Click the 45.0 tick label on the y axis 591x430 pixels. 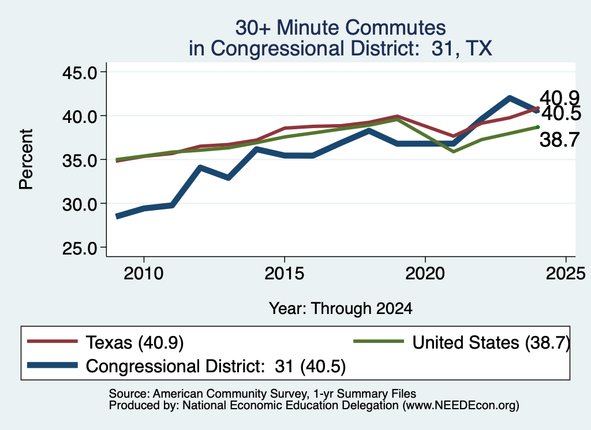click(80, 72)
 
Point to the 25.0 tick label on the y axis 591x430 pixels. click(80, 248)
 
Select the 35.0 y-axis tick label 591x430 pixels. click(80, 160)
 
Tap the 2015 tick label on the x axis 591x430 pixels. click(284, 273)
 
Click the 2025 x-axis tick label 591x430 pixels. click(566, 273)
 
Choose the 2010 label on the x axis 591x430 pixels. click(144, 273)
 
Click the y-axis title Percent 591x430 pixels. click(26, 159)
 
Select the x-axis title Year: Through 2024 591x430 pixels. click(341, 308)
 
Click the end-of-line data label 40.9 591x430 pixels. click(559, 98)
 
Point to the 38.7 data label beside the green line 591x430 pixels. click(559, 140)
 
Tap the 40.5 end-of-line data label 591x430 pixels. click(562, 114)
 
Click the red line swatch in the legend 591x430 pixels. click(53, 342)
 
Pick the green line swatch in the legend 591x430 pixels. click(379, 342)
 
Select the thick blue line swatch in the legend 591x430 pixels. click(53, 365)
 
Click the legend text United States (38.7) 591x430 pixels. click(491, 343)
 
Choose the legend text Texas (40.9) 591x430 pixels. click(134, 343)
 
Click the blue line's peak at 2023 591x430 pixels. click(510, 98)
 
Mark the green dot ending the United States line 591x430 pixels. click(538, 127)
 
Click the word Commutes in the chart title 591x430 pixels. click(395, 28)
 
